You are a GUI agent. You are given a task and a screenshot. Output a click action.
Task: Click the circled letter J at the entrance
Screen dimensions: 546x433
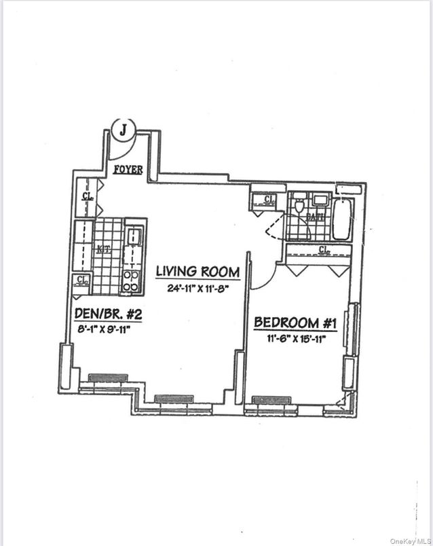click(123, 129)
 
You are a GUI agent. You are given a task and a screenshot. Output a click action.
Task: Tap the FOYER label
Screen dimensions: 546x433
click(128, 169)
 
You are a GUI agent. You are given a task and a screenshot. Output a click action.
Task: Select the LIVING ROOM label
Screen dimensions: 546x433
click(197, 272)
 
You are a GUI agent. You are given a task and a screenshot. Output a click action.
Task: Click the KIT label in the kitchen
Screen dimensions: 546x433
click(103, 249)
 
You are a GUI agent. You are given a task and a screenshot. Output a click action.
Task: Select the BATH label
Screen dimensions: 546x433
click(316, 217)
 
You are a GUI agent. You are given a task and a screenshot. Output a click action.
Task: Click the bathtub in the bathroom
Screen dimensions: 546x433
click(343, 218)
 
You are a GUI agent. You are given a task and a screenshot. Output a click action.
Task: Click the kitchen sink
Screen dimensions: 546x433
click(134, 236)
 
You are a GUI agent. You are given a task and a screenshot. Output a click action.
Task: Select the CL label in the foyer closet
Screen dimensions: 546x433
click(88, 196)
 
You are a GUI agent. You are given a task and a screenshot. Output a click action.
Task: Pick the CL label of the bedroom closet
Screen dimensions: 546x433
click(325, 250)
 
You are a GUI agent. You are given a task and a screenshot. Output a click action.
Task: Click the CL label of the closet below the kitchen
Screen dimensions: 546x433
click(82, 279)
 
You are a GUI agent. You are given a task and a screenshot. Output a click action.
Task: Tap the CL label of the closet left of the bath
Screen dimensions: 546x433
click(269, 199)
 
